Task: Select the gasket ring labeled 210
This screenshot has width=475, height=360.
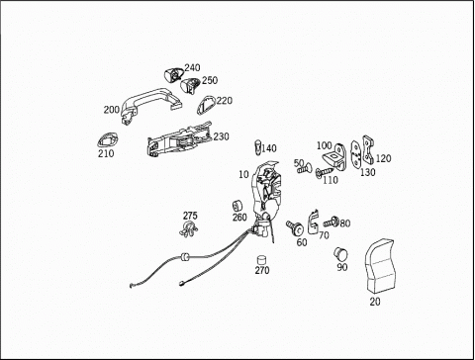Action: [x=108, y=139]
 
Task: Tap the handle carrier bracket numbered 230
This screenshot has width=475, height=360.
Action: [x=178, y=139]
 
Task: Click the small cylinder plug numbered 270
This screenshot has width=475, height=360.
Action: [x=261, y=260]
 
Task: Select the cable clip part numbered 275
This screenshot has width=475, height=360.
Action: [x=189, y=228]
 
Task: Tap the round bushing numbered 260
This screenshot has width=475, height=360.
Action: [x=237, y=206]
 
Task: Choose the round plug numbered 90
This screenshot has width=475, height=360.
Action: [x=341, y=254]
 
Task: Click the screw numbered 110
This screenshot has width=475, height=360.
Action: [x=324, y=172]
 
